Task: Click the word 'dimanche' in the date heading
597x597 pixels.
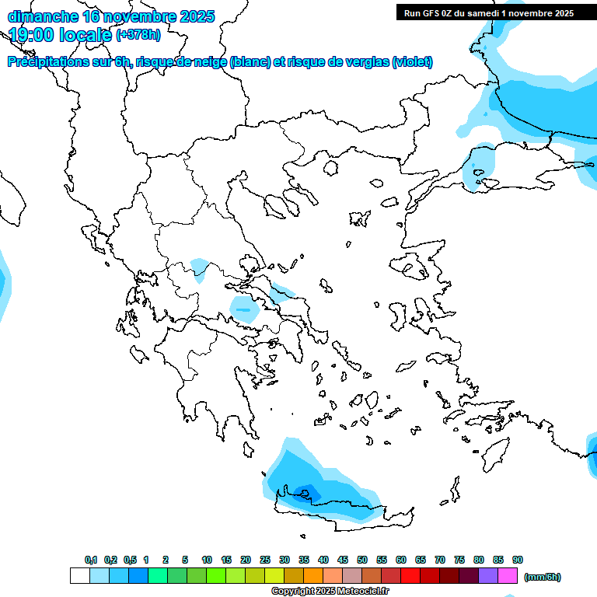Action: [43, 16]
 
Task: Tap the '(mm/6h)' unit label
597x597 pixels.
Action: [543, 577]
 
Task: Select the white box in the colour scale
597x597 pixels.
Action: [79, 576]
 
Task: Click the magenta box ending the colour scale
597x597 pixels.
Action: [508, 576]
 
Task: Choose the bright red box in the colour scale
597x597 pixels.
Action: [410, 576]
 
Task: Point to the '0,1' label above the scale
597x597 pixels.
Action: [91, 560]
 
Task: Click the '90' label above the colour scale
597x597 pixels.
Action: [518, 560]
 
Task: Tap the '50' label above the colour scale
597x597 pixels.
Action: [362, 560]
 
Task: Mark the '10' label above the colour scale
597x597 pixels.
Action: [207, 560]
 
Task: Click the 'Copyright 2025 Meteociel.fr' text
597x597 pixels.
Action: [330, 591]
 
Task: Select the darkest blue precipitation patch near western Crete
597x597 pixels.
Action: [307, 491]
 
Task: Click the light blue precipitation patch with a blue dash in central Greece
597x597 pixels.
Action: [245, 309]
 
